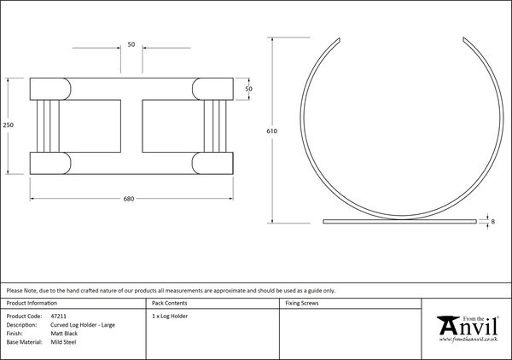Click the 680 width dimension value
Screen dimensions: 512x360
coord(129,199)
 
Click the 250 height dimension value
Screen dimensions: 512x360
coord(9,125)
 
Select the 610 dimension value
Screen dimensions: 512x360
coord(271,131)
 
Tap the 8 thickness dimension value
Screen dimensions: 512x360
coord(492,222)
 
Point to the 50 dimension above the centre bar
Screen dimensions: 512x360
coord(131,44)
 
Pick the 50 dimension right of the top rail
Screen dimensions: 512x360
coord(249,89)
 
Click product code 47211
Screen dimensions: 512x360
coord(58,316)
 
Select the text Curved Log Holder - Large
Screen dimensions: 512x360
coord(83,325)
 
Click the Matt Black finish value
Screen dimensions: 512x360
coord(64,334)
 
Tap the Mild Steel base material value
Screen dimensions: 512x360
coord(63,342)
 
